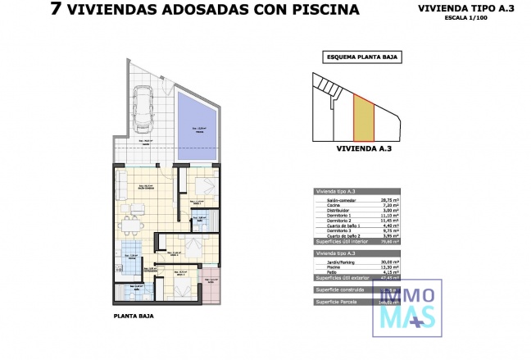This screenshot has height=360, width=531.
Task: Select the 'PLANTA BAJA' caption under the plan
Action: pos(134,315)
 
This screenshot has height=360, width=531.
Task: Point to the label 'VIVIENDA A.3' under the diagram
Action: pos(358,151)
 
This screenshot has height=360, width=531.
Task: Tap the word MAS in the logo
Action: pos(407,316)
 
